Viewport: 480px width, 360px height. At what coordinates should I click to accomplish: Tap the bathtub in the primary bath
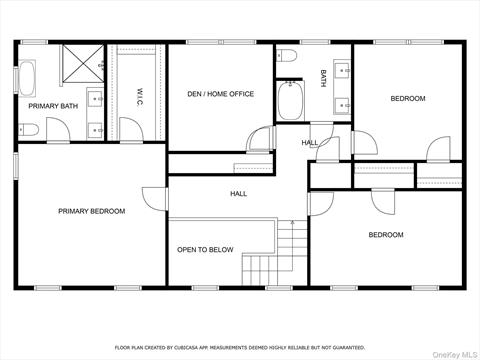[28, 77]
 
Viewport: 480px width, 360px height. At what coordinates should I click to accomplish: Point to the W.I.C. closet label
[141, 95]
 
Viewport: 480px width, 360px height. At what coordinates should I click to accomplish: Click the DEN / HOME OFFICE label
[220, 94]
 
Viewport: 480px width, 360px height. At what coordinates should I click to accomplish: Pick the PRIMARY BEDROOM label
[91, 211]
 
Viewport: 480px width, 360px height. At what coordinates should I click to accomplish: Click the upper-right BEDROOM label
[407, 98]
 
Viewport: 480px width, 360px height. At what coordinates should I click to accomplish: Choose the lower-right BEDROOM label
[386, 235]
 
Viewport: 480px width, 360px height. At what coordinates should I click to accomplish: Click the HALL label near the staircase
[239, 193]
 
